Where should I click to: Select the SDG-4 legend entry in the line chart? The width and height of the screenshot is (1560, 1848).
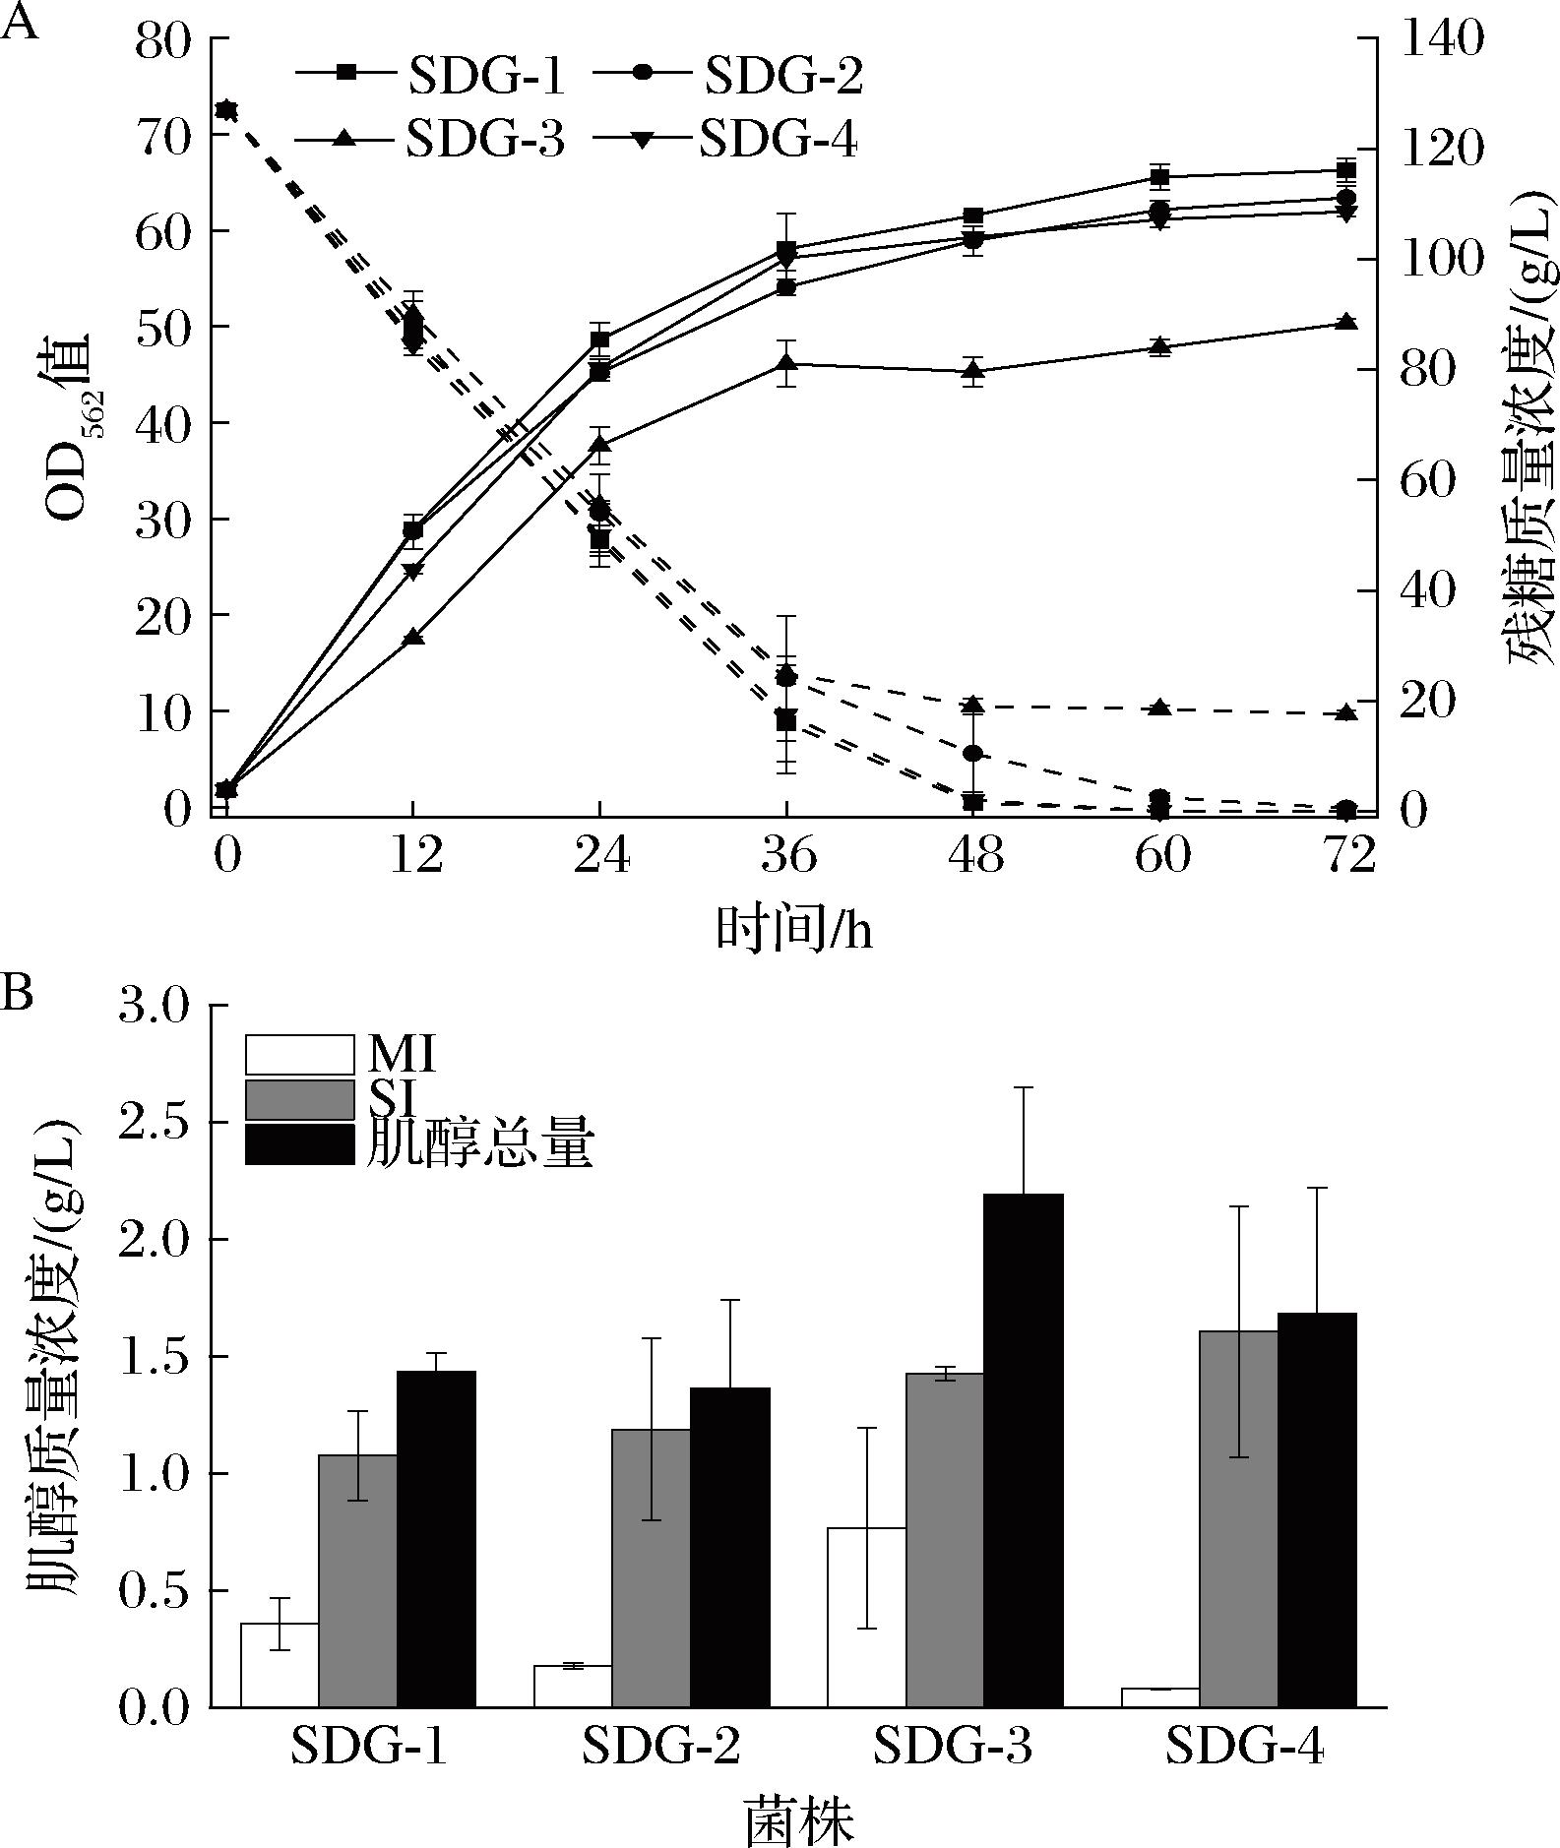(726, 141)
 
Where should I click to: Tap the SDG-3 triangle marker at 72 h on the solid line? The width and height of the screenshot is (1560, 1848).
(1346, 323)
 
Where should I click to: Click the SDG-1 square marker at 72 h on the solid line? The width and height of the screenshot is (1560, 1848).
(1346, 170)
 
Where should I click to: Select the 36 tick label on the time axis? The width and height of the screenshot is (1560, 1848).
(787, 856)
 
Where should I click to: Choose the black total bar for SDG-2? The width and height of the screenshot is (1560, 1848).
(730, 1546)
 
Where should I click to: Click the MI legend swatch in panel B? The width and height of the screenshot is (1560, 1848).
(299, 1054)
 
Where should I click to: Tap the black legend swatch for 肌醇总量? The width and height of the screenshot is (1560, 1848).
(299, 1144)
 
